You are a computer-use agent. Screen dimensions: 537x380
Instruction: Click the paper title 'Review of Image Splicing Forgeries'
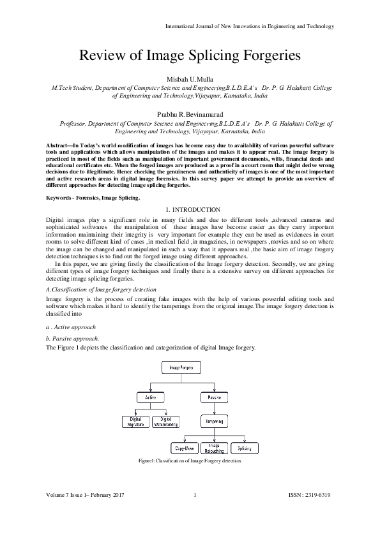pos(190,55)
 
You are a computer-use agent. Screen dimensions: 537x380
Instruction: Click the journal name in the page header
pos(250,26)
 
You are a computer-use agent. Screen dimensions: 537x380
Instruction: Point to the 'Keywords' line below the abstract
pos(93,199)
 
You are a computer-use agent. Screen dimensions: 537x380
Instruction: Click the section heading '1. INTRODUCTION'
pos(190,210)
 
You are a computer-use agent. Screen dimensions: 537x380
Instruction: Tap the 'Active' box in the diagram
pos(151,397)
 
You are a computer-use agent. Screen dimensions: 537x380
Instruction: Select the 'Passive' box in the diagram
pos(214,397)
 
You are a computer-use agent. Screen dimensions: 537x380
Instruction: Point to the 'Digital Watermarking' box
pos(165,422)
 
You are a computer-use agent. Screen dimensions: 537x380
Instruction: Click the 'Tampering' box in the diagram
pos(214,422)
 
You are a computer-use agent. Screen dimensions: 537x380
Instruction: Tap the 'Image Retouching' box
pos(214,448)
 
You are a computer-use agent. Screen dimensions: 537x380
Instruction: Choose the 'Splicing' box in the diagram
pos(244,448)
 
